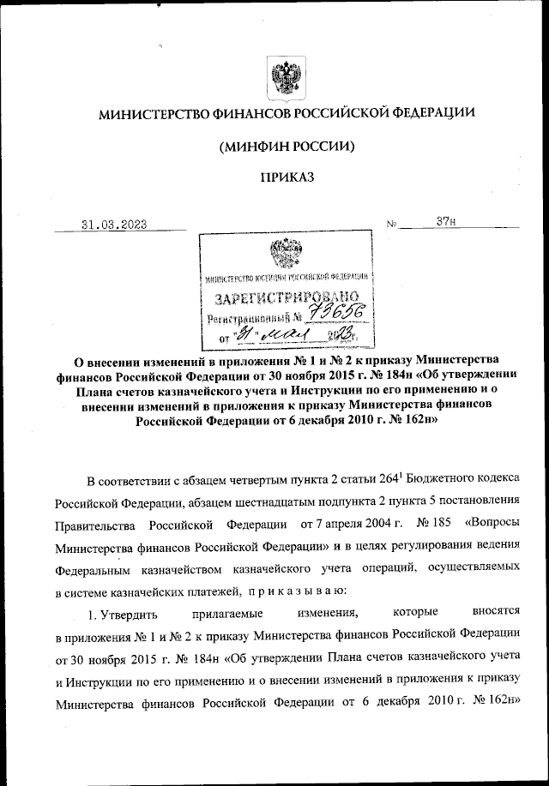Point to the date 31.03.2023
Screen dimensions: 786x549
click(x=113, y=225)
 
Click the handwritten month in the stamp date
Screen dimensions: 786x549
click(x=280, y=335)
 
